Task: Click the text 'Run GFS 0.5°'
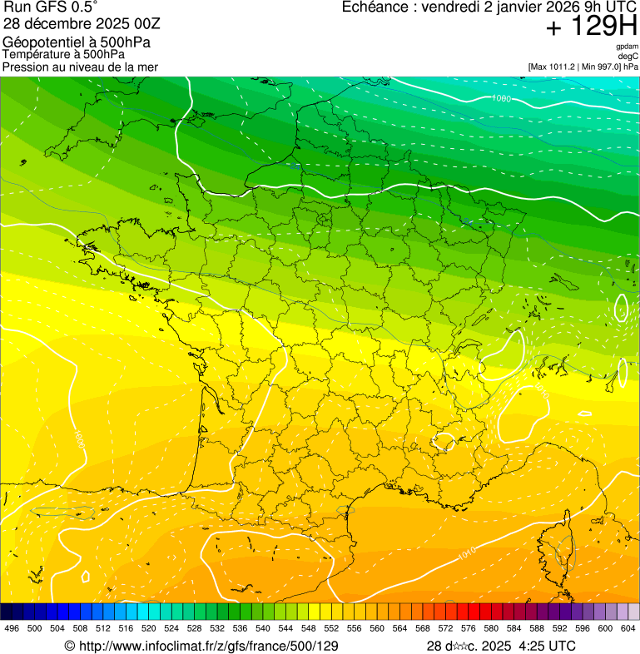click(50, 8)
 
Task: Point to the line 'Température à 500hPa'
click(64, 55)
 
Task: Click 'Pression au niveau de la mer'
click(80, 67)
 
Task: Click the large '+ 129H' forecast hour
click(591, 27)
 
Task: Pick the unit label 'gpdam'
click(627, 47)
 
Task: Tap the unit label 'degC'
click(629, 57)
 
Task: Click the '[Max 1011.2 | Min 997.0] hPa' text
click(583, 67)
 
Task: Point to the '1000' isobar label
click(502, 99)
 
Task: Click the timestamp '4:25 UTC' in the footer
click(547, 646)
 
